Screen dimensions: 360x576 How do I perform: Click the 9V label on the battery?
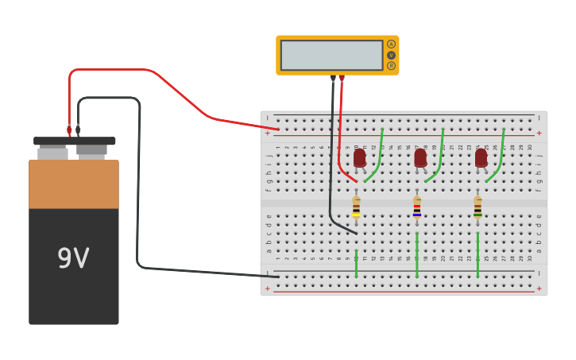point(73,258)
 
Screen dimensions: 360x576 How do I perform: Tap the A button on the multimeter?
point(391,45)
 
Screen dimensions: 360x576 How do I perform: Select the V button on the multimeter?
point(391,55)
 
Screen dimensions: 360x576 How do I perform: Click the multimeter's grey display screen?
point(331,56)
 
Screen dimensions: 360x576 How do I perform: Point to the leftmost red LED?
point(360,157)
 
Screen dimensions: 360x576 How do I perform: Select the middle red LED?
point(420,157)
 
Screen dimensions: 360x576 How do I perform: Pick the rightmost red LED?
point(481,157)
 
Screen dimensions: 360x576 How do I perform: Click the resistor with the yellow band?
point(357,208)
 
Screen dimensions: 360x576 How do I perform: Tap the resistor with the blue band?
point(417,208)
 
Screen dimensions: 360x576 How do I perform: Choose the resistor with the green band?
point(477,208)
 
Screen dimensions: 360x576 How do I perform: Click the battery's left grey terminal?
point(52,153)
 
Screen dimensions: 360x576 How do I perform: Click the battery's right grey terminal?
point(91,150)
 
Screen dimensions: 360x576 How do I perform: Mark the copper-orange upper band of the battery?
point(74,184)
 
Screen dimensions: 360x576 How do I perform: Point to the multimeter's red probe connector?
point(342,79)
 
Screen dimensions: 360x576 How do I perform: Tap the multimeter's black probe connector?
point(333,79)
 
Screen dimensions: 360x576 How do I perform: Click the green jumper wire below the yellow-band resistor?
point(356,263)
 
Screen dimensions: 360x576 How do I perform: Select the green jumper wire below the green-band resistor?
point(477,256)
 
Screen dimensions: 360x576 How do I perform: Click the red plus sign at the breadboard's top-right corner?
point(539,133)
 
